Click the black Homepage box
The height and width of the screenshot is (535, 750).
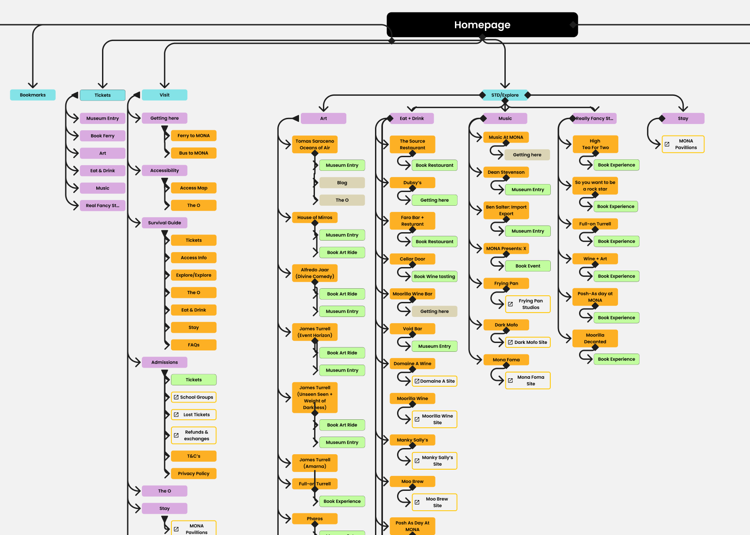482,25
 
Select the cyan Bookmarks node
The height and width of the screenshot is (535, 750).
33,95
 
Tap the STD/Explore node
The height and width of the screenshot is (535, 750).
505,95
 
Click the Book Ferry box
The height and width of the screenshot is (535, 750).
102,136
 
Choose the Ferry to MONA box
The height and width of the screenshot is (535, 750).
193,136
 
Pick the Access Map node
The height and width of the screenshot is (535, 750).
193,188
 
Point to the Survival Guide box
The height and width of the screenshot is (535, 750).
164,223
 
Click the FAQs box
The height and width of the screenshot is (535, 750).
193,345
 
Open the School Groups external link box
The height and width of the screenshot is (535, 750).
193,397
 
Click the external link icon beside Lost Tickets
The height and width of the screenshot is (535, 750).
176,415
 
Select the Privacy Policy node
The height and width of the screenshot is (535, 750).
193,474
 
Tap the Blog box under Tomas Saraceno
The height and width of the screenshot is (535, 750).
342,183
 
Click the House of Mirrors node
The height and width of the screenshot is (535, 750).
314,218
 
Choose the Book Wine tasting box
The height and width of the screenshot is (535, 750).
434,277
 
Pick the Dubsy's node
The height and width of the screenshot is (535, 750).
412,183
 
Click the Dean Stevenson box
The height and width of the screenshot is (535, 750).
506,172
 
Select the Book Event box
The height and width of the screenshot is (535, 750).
527,266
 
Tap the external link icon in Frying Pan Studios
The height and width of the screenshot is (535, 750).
510,304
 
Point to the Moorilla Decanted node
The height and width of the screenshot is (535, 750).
595,339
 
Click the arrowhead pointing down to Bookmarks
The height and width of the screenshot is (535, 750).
33,85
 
